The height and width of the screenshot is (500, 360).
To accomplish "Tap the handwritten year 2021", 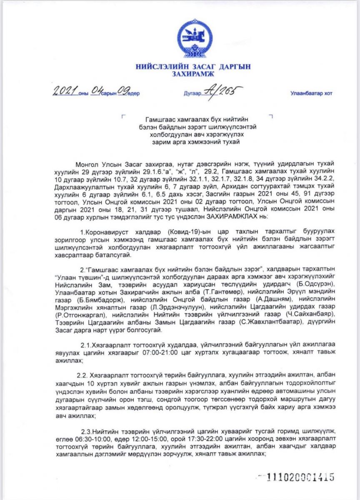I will click(x=65, y=91).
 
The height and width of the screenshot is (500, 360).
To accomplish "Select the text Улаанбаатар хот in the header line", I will click(x=311, y=94).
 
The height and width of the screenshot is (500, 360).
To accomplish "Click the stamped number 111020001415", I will click(x=300, y=477).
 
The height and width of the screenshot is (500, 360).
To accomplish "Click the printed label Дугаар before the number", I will click(x=192, y=94).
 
